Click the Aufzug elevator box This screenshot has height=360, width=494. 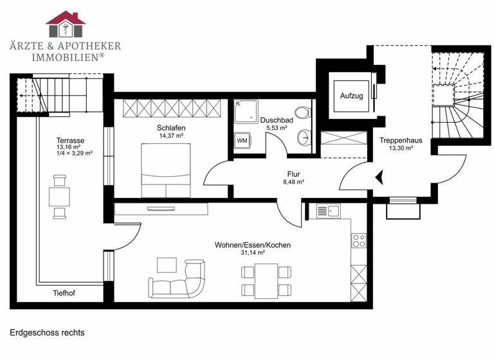click(351, 96)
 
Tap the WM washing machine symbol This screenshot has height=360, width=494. click(242, 140)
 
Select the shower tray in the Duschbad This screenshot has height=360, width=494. click(245, 111)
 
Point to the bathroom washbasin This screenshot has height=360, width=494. click(303, 137)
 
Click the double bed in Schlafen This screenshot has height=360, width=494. click(166, 170)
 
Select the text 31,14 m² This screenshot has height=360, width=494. click(252, 253)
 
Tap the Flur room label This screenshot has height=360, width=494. click(293, 174)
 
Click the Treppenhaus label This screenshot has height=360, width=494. click(400, 140)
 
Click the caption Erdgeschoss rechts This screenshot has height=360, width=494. click(47, 333)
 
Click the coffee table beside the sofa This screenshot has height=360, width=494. click(167, 264)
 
